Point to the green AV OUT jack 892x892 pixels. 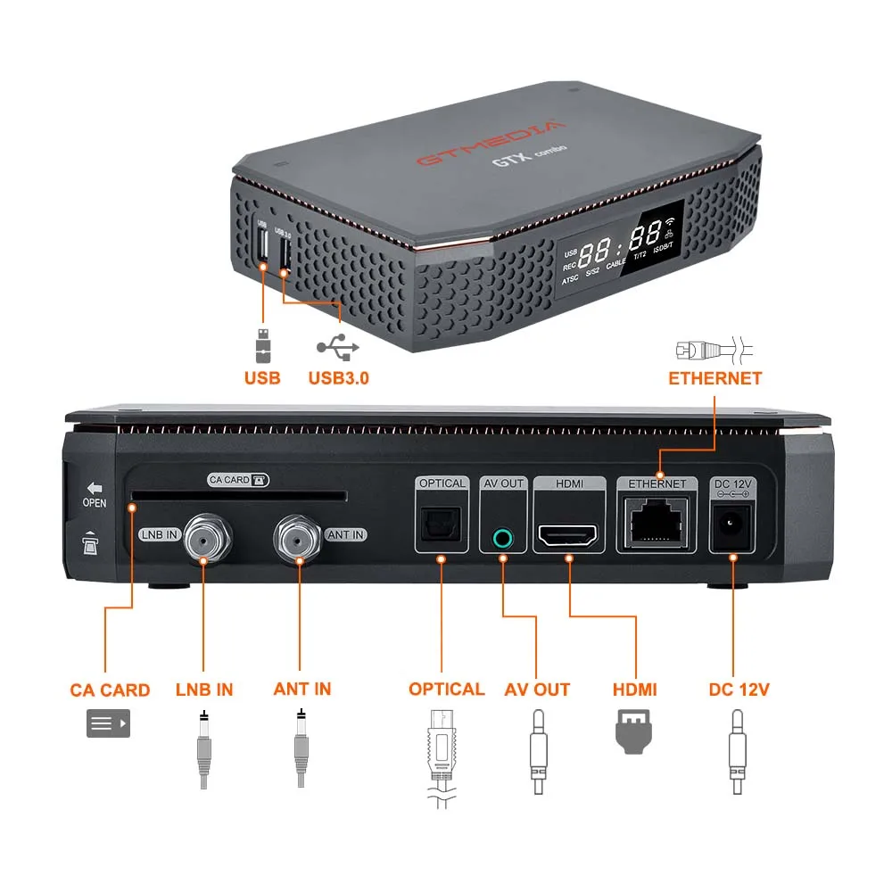503,538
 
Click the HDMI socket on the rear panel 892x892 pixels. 568,537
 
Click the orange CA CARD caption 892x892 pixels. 110,690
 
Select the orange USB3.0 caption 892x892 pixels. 339,377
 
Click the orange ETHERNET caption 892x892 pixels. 714,378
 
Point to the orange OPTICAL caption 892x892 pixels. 446,690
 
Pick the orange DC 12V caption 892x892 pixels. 739,690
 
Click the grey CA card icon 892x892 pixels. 108,723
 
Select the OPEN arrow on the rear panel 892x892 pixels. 94,490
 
